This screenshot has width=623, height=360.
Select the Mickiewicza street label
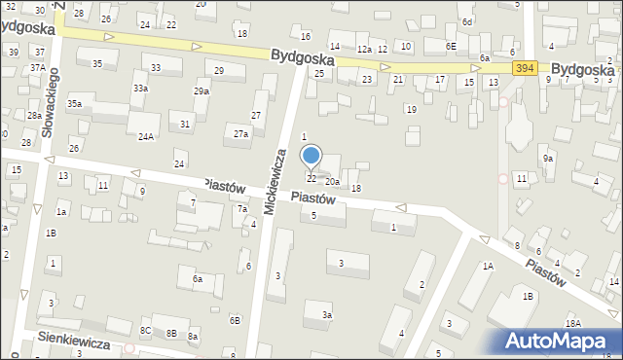275,181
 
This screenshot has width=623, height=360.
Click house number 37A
37,67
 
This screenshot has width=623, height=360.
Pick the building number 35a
74,103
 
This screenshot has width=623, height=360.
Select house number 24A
145,137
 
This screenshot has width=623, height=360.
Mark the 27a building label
240,133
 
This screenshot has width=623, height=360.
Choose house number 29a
202,90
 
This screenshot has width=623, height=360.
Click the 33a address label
141,88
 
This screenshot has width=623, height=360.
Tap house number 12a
364,49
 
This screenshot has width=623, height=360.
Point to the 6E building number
451,46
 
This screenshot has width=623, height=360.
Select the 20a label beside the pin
332,182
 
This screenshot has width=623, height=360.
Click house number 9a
548,158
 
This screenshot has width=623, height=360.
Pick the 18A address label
572,323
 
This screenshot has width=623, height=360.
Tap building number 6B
235,320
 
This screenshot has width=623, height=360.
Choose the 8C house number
145,331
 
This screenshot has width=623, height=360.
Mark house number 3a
328,314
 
